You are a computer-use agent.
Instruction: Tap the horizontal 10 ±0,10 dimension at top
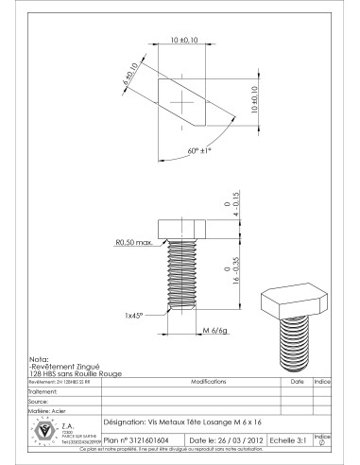tap(184, 40)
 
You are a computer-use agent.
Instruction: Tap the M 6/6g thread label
tap(217, 330)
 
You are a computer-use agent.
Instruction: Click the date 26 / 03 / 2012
tap(226, 439)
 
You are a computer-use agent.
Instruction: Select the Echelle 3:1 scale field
tap(288, 439)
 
